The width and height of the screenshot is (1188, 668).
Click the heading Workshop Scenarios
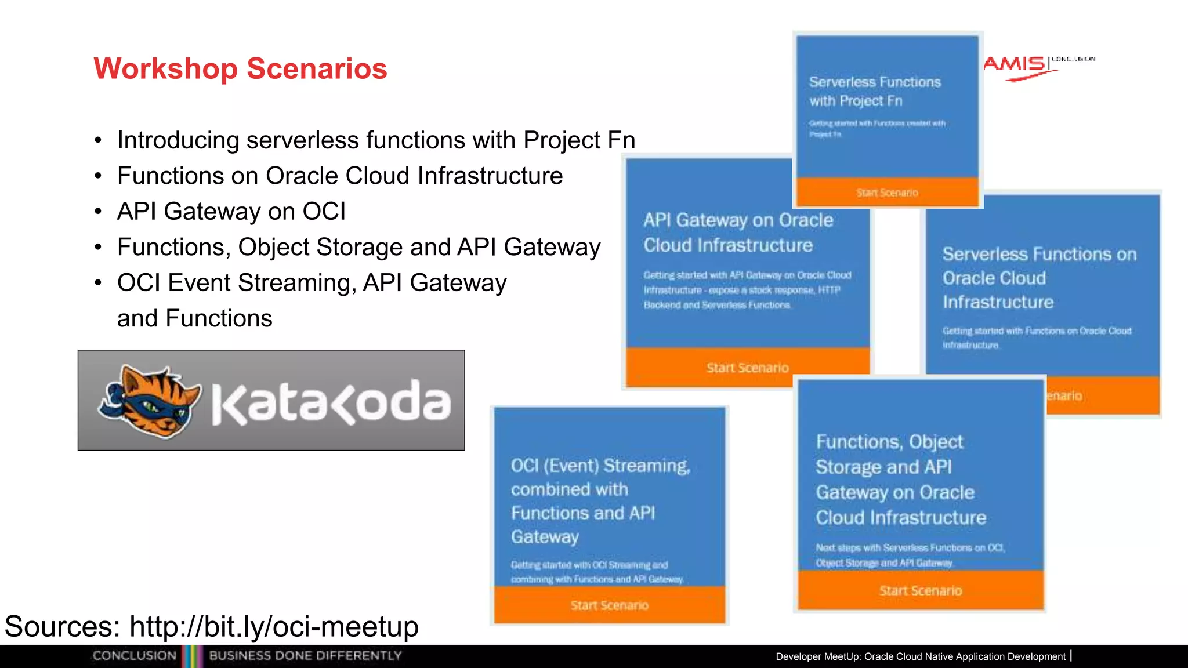click(x=240, y=68)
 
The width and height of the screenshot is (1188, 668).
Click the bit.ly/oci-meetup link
click(x=274, y=626)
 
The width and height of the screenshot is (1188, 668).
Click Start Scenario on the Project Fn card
click(x=887, y=193)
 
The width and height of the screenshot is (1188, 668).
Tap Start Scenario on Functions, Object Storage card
click(x=920, y=590)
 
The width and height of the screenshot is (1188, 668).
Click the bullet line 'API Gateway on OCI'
click(x=231, y=212)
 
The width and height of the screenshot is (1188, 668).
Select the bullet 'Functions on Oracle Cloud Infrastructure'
click(x=339, y=176)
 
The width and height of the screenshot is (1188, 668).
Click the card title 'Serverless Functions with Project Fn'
click(x=875, y=91)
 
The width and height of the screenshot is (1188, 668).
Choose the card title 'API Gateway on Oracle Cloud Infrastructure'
click(x=738, y=233)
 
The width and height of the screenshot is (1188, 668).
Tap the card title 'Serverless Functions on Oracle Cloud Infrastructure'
click(x=1039, y=278)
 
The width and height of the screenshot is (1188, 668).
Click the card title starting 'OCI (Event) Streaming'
click(x=600, y=501)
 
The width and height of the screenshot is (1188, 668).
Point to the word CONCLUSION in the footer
click(x=134, y=656)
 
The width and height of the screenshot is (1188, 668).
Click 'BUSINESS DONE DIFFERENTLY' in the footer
click(x=305, y=656)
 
